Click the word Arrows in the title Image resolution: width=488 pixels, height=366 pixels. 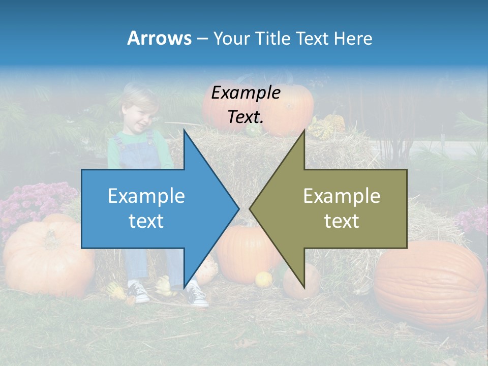[x=159, y=38]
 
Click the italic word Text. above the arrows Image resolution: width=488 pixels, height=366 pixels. [x=246, y=117]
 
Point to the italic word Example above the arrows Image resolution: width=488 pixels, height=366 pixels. [x=246, y=93]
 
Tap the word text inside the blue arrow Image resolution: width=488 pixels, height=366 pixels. [x=146, y=221]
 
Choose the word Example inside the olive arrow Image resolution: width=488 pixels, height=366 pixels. [x=342, y=196]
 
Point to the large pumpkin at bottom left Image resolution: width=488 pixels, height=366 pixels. [x=46, y=257]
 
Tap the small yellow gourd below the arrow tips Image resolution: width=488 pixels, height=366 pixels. [x=263, y=279]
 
